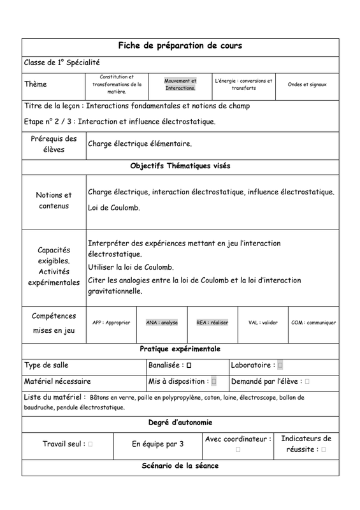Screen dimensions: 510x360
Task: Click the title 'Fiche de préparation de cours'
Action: click(x=180, y=46)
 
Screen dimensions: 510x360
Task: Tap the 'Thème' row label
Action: click(x=36, y=84)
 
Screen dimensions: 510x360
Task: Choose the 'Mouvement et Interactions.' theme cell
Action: click(x=180, y=84)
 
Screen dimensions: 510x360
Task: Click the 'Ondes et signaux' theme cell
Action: click(x=307, y=84)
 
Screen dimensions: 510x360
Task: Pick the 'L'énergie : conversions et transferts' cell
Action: click(x=243, y=84)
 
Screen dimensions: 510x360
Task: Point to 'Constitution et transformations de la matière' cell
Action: click(x=117, y=84)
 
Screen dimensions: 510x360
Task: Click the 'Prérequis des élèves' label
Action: click(x=54, y=144)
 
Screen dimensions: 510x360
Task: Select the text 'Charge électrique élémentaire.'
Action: click(x=140, y=144)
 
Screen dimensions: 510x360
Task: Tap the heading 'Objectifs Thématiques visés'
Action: click(x=180, y=166)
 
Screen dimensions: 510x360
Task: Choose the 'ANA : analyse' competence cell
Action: click(x=162, y=323)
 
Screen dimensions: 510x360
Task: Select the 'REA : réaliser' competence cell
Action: click(x=212, y=323)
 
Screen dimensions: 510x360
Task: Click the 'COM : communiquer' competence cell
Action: click(x=313, y=323)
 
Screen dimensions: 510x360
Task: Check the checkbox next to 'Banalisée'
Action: click(x=189, y=365)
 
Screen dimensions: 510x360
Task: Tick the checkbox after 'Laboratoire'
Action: click(x=280, y=365)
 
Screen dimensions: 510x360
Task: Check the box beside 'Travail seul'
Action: click(x=90, y=444)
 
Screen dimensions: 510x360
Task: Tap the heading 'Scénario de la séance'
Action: click(x=180, y=466)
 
